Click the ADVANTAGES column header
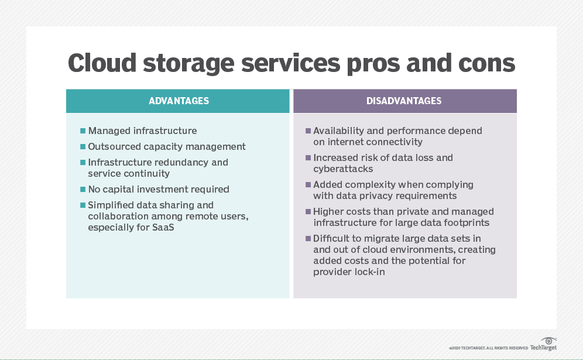179,101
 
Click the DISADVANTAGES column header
404,101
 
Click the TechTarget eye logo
548,341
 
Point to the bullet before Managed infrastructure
83,131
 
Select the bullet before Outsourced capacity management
83,147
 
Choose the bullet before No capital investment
83,190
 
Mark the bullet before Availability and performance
308,131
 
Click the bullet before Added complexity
308,185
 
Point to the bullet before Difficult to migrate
308,239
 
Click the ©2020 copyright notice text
488,347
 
